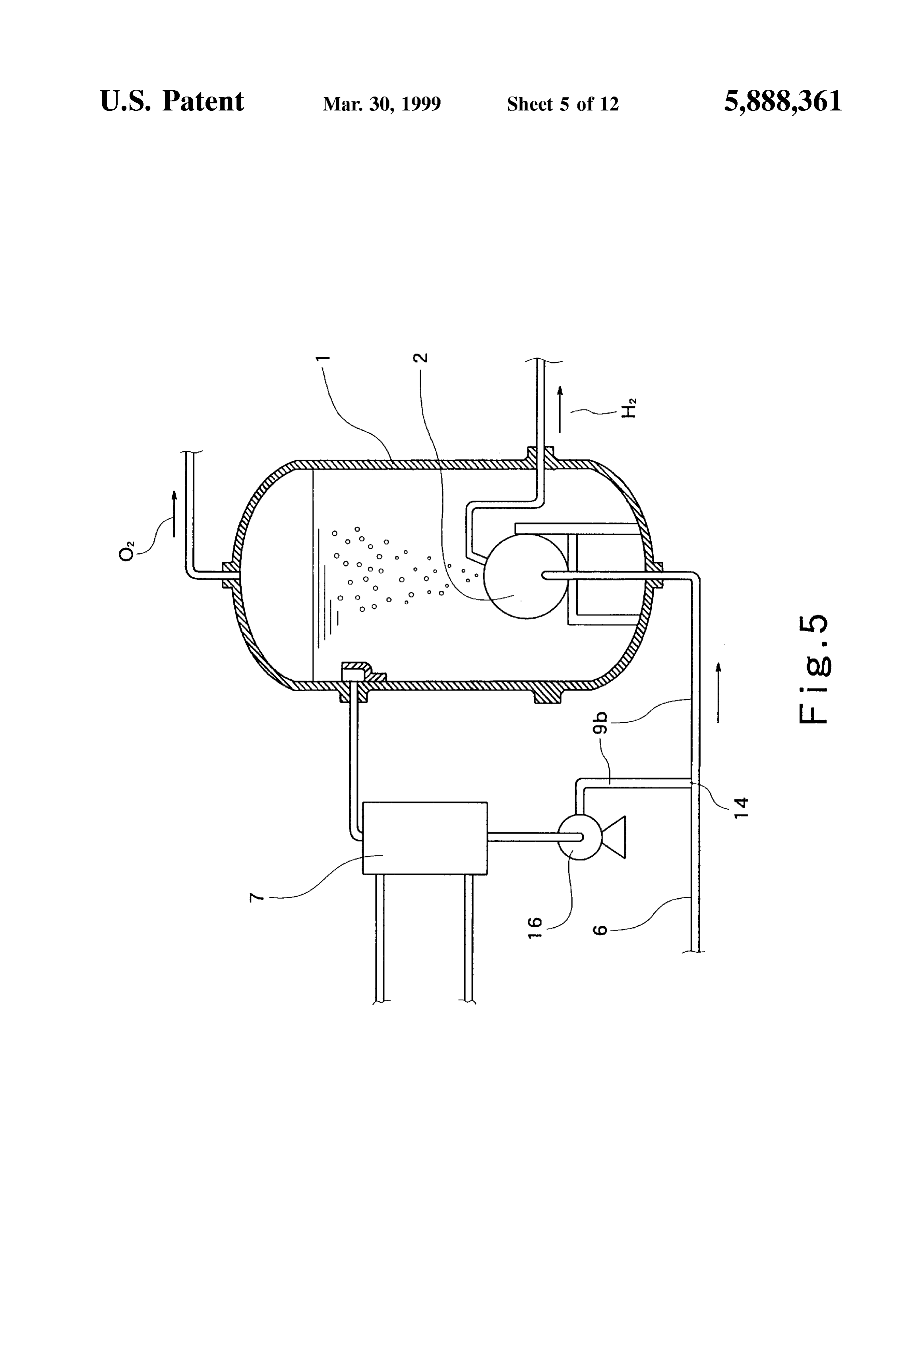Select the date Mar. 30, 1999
click(382, 104)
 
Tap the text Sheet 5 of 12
click(562, 104)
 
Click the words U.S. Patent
click(172, 101)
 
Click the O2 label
click(126, 551)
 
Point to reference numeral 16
click(535, 927)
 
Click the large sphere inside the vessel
click(526, 577)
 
